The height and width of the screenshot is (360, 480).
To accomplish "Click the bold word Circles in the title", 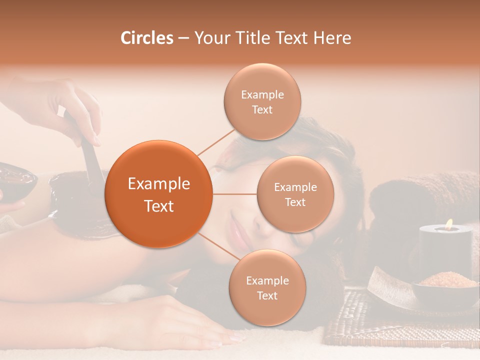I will (147, 38).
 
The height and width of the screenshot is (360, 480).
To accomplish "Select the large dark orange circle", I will (158, 194).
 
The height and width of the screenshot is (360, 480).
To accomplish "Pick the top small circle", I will (262, 101).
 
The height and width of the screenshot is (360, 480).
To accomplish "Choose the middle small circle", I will (295, 194).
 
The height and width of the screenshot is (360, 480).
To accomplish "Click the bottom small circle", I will (267, 287).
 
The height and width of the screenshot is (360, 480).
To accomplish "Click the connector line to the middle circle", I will (234, 194).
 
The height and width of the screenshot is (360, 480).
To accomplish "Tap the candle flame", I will (448, 224).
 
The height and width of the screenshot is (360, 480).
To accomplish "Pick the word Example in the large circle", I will (158, 184).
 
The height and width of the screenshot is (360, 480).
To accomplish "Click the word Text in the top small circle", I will (262, 109).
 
